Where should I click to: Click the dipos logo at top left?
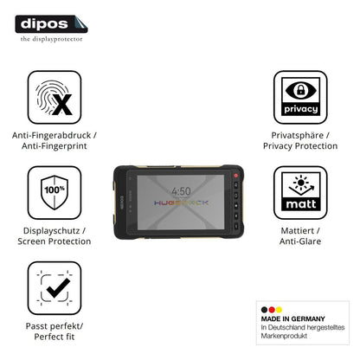click(x=51, y=24)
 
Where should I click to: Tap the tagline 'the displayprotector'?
click(x=51, y=39)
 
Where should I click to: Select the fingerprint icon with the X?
click(x=55, y=97)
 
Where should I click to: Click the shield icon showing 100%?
click(x=55, y=193)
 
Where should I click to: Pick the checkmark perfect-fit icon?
click(x=55, y=288)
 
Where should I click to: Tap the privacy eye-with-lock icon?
click(x=300, y=97)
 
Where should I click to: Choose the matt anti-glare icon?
click(x=300, y=193)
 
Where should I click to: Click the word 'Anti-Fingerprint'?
click(x=55, y=146)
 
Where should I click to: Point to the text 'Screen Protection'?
click(x=55, y=241)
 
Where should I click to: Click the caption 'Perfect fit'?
click(x=55, y=337)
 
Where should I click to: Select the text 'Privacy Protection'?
click(x=300, y=146)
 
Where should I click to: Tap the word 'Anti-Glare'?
click(x=300, y=241)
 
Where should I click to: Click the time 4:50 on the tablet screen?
click(x=181, y=191)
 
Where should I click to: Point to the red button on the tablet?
click(x=235, y=176)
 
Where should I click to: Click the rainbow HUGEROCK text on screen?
click(x=181, y=202)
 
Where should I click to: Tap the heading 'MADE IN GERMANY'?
click(x=293, y=318)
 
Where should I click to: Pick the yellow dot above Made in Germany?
click(x=279, y=310)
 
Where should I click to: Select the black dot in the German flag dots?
click(x=264, y=310)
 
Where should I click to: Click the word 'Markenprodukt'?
click(x=284, y=336)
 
